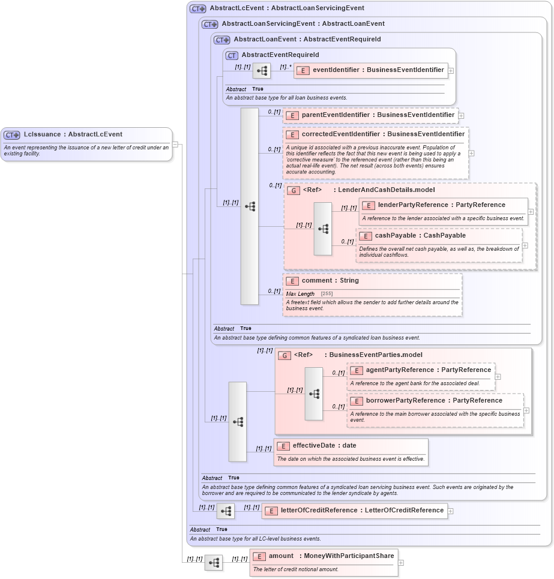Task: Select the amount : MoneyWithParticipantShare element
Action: point(324,556)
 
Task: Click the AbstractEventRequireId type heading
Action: point(280,55)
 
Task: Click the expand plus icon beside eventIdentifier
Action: point(451,70)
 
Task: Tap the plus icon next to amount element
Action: point(401,563)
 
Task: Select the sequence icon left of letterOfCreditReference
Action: point(226,511)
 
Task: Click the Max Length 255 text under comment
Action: point(310,293)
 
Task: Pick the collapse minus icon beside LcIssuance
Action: point(175,144)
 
